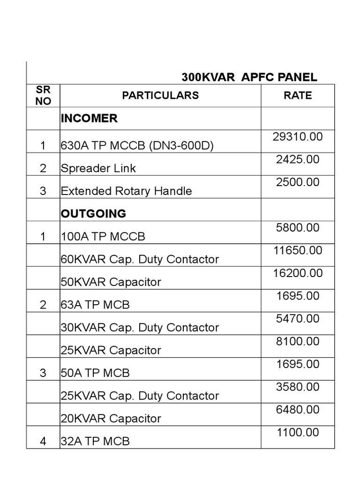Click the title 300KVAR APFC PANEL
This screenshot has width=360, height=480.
(249, 77)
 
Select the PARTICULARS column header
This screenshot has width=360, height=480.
(160, 96)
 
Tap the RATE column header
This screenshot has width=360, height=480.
(298, 96)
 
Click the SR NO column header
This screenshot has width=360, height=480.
(43, 96)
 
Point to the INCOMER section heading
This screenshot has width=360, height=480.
(89, 119)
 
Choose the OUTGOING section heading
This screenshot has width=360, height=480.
(93, 214)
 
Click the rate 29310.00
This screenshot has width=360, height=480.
(298, 137)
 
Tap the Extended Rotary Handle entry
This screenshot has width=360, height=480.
(126, 191)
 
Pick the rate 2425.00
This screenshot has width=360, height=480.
(298, 159)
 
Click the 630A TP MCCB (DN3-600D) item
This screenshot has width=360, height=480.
(137, 146)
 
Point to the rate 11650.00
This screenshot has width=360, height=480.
(298, 250)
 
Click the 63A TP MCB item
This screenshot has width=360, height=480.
(95, 305)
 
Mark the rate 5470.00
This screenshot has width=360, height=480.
(298, 319)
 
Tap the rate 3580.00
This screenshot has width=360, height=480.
(298, 387)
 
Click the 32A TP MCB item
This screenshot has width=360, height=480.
(95, 441)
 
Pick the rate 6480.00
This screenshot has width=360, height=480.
(298, 410)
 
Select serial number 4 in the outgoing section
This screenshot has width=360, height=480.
(43, 441)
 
